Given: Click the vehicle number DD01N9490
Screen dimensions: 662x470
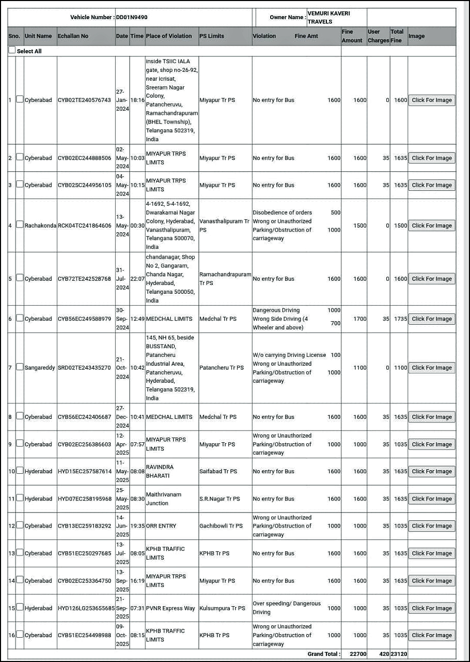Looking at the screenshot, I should click(x=131, y=17).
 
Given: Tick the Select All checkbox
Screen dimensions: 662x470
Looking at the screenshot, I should click(x=12, y=51).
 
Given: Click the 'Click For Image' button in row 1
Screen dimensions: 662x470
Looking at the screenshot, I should click(x=431, y=100).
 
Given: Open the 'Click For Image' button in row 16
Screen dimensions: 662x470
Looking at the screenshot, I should click(x=431, y=636).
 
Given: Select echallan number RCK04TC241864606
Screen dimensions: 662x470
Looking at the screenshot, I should click(x=84, y=225).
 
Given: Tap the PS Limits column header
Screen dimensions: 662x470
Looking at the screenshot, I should click(x=212, y=36).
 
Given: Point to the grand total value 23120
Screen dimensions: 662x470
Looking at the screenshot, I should click(x=399, y=654).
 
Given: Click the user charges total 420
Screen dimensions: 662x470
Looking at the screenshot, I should click(x=384, y=654).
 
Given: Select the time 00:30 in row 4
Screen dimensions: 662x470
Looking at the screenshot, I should click(x=137, y=225).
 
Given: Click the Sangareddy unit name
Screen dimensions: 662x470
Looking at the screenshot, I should click(x=40, y=368).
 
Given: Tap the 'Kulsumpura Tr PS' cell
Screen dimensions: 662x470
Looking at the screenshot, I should click(x=222, y=608).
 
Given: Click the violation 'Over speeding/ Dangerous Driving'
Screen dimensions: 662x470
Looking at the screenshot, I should click(x=287, y=608).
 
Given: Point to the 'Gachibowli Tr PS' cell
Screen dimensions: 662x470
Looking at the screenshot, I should click(x=221, y=526).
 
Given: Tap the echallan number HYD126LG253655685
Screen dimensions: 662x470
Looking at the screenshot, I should click(x=86, y=608).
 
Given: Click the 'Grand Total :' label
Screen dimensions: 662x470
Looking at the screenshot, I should click(x=324, y=654).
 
